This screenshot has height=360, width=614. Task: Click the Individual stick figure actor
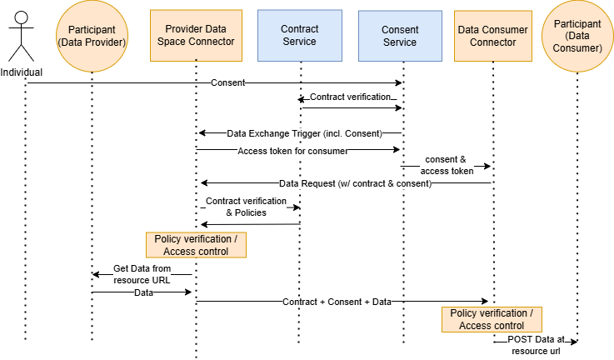[22, 36]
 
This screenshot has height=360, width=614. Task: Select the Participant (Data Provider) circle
[92, 36]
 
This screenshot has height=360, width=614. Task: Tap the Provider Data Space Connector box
[196, 35]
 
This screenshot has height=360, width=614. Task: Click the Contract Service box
[299, 35]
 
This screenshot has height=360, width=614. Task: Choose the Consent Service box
[400, 35]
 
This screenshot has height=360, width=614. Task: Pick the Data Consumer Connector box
[492, 35]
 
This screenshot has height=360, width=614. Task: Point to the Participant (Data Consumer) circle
[576, 36]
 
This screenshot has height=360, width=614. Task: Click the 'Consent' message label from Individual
[227, 82]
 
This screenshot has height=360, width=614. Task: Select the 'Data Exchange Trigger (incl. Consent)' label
[303, 133]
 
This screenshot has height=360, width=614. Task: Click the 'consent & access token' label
[447, 165]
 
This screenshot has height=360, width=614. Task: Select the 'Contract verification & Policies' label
[246, 207]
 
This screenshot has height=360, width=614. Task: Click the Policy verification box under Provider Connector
[196, 245]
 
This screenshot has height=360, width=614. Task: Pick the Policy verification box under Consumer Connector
[492, 319]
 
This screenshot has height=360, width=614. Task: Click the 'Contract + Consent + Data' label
[336, 302]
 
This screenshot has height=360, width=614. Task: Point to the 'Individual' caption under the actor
[22, 72]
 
